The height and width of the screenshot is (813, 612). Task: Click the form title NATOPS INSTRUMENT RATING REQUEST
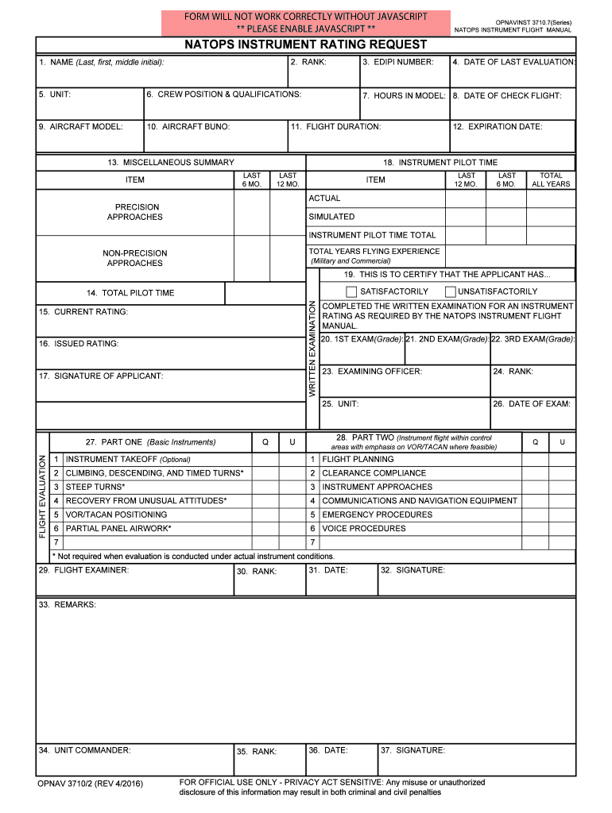pos(306,45)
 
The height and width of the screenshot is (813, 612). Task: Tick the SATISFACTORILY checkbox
pos(351,291)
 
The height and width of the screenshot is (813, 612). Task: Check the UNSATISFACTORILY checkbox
pos(451,291)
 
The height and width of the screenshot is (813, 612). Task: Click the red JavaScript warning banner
pos(306,22)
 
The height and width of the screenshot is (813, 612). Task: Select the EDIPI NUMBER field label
pos(397,62)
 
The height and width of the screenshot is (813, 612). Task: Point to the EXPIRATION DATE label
pos(497,126)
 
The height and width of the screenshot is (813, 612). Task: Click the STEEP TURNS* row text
pos(95,487)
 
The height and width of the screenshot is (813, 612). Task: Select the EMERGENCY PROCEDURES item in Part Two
pos(366,514)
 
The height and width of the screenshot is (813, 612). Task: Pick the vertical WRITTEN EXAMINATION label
pos(312,349)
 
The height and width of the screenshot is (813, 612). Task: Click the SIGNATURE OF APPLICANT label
pos(100,376)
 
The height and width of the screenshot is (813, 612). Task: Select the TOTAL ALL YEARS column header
pos(551,179)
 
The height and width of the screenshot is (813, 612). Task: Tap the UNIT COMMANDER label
pos(84,749)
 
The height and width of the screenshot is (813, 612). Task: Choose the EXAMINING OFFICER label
pos(371,371)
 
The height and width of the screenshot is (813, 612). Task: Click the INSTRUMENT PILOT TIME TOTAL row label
pos(372,235)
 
